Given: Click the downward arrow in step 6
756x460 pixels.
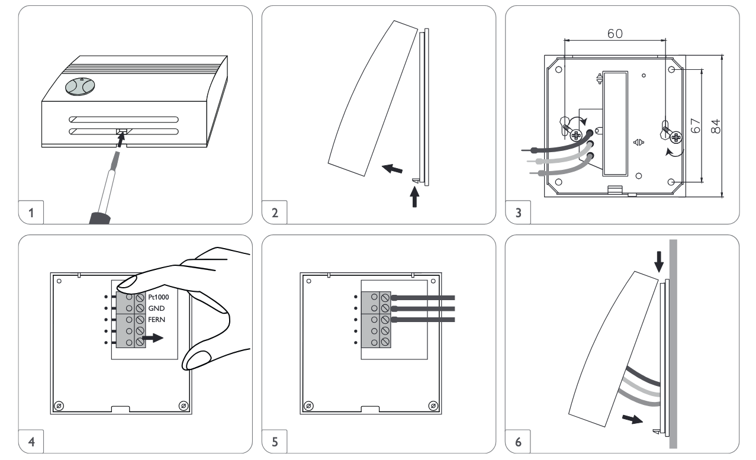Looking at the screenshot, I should [660, 258].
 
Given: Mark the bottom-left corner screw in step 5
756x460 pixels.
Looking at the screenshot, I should [308, 406].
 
